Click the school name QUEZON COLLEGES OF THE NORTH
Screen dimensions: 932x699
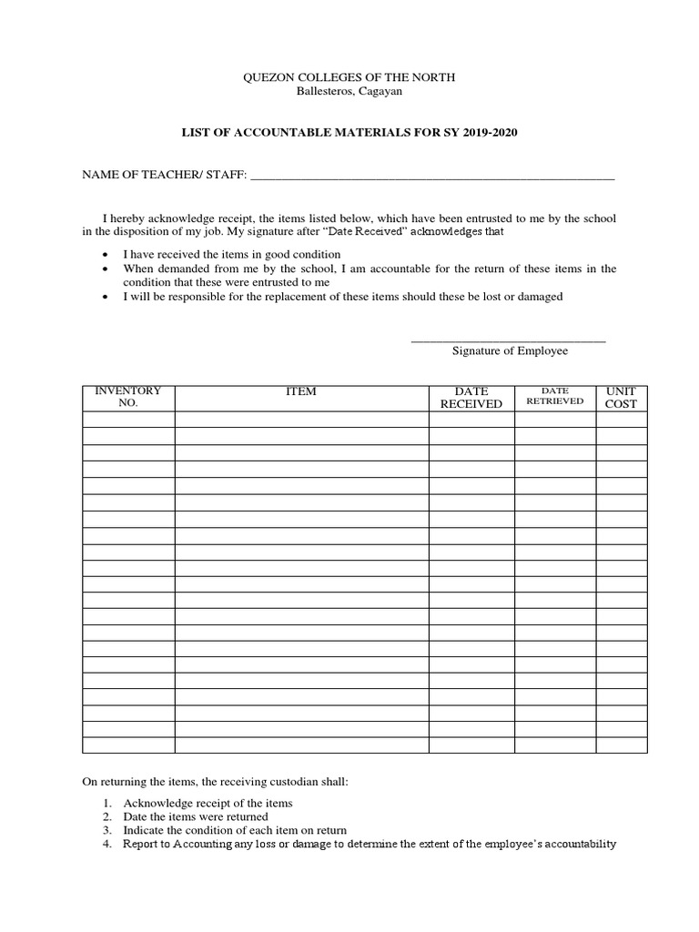[349, 78]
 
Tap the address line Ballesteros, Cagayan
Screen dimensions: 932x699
[349, 92]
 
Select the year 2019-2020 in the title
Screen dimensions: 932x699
[487, 133]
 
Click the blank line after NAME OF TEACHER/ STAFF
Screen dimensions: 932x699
[432, 177]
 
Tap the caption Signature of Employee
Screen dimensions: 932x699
[510, 351]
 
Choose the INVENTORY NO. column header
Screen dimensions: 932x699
[128, 397]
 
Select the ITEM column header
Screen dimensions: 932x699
[301, 391]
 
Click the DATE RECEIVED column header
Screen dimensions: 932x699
[471, 398]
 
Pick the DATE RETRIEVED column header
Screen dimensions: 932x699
[555, 396]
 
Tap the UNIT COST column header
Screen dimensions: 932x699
[622, 398]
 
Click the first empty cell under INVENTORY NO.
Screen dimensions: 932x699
[128, 420]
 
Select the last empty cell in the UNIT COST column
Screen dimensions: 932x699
[622, 745]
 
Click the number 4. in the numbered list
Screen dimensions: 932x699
[106, 845]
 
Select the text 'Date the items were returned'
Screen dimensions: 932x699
[196, 816]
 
